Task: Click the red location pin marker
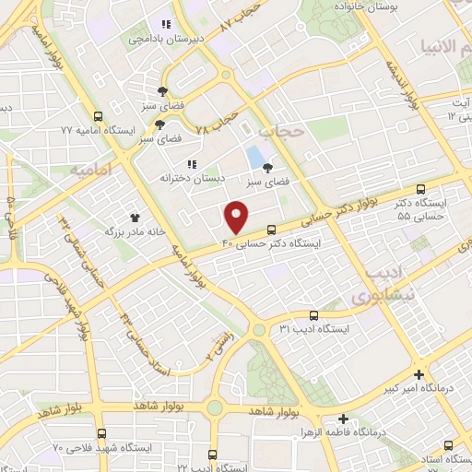(238, 218)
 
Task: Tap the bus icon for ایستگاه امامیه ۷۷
(99, 117)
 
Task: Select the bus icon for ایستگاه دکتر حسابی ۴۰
(271, 230)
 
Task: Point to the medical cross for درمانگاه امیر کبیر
(419, 374)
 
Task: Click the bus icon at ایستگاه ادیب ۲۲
(214, 454)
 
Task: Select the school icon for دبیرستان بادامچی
(166, 24)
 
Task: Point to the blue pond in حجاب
(254, 157)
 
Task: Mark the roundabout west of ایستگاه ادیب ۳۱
(260, 329)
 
